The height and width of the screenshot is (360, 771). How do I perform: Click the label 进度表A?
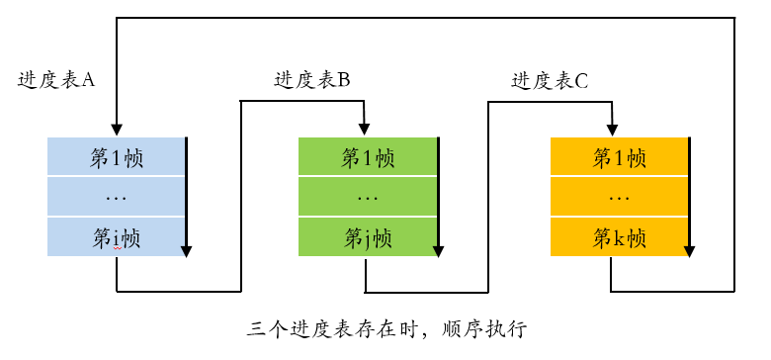pyautogui.click(x=55, y=80)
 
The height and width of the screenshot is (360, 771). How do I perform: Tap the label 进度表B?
pyautogui.click(x=311, y=81)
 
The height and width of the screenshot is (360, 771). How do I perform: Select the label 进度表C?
pyautogui.click(x=550, y=81)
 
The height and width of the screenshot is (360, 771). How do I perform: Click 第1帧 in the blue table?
pyautogui.click(x=117, y=157)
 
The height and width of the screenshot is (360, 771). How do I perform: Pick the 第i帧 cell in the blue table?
pyautogui.click(x=117, y=237)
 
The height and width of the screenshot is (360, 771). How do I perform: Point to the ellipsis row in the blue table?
pyautogui.click(x=117, y=198)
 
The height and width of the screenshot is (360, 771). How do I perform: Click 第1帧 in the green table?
pyautogui.click(x=368, y=157)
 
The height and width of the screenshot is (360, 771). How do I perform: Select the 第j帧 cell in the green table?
pyautogui.click(x=368, y=237)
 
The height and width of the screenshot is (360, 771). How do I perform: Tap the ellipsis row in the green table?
pyautogui.click(x=368, y=198)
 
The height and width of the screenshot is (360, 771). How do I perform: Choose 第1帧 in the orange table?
pyautogui.click(x=619, y=157)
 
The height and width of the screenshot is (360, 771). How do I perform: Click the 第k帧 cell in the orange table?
pyautogui.click(x=619, y=237)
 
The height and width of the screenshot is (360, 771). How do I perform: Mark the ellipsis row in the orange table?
pyautogui.click(x=619, y=198)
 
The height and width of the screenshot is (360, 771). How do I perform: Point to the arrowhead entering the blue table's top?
pyautogui.click(x=117, y=131)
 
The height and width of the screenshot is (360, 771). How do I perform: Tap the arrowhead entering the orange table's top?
pyautogui.click(x=610, y=129)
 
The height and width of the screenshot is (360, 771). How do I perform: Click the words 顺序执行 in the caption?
pyautogui.click(x=487, y=327)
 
